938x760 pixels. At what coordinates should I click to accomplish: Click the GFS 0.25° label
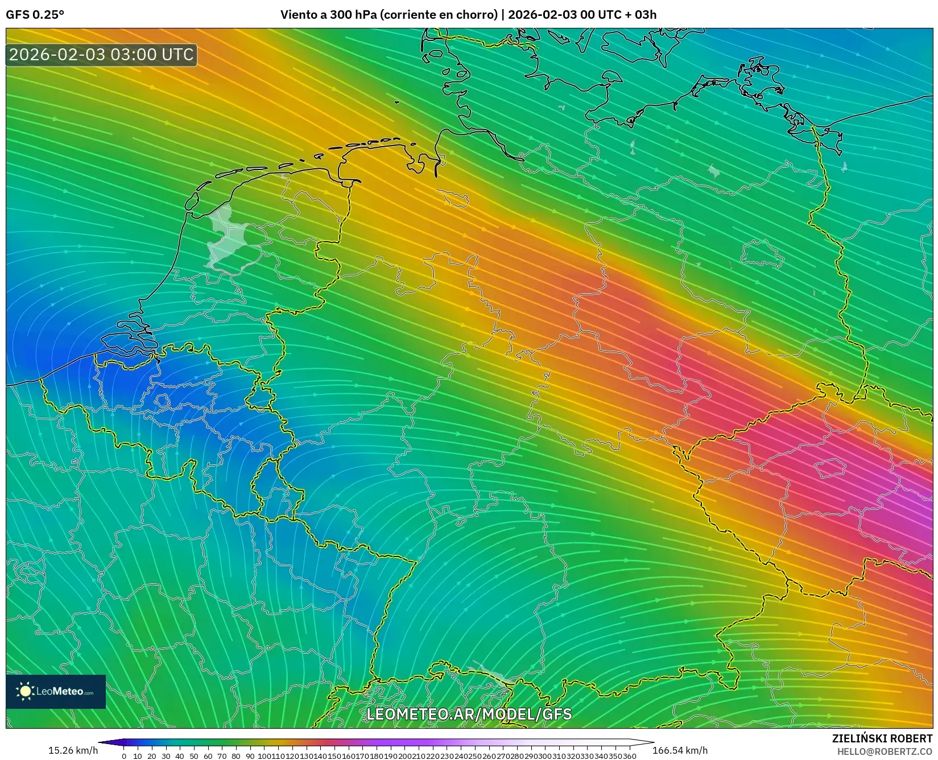[35, 15]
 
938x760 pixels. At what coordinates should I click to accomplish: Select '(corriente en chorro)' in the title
[438, 15]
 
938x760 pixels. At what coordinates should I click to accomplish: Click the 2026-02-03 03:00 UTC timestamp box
[101, 55]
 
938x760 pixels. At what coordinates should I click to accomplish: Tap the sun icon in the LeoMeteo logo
[25, 691]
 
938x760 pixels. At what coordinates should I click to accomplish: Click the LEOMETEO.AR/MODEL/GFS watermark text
[469, 714]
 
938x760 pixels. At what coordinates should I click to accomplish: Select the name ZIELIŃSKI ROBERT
[882, 738]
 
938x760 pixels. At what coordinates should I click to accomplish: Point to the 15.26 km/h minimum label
[73, 750]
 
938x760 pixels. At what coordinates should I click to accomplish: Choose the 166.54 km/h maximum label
[680, 750]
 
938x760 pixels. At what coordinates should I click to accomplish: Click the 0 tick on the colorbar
[124, 756]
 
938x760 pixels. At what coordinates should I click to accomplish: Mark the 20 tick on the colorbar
[152, 756]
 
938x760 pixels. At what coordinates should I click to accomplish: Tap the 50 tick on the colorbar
[194, 756]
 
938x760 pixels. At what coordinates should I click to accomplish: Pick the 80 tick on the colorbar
[236, 756]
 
